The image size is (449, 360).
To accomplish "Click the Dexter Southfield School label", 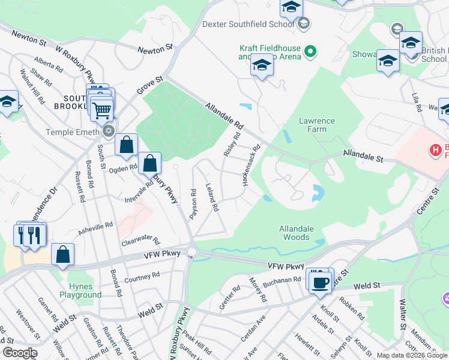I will coord(249,25).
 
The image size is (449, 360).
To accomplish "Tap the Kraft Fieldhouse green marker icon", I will coord(310,52).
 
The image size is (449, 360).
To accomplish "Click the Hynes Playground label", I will coord(80,291).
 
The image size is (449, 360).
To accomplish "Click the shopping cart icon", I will coord(101,109).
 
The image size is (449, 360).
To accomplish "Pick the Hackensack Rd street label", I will coord(251,164).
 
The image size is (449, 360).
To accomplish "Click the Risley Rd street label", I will coord(232,146).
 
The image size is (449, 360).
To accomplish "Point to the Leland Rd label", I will coord(211,197).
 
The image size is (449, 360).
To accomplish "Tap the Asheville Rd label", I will coord(95,229).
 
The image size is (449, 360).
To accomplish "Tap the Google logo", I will coord(19,353).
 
